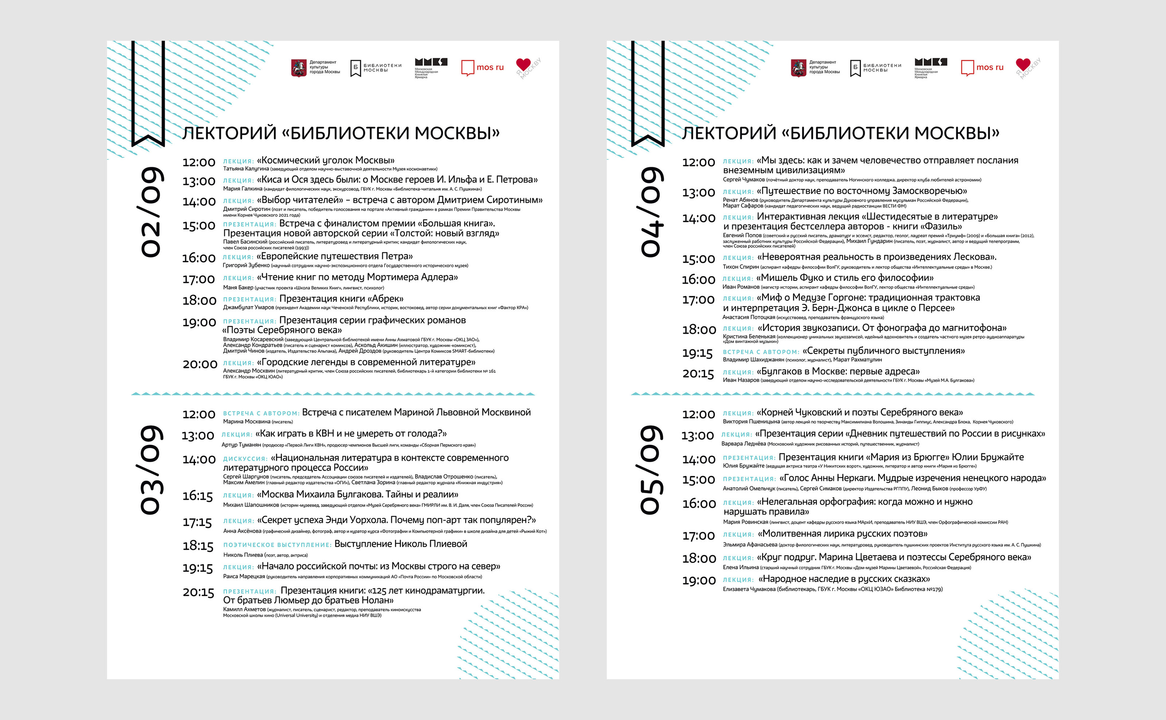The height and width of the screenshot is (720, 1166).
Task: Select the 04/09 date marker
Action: pos(652,212)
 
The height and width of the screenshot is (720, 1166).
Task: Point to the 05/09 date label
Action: pos(652,470)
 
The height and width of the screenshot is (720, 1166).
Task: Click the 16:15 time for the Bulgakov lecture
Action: pos(197,496)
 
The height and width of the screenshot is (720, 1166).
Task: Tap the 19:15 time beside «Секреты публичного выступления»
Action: pos(697,353)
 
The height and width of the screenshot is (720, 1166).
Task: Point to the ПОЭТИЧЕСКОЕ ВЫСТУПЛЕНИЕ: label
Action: pos(277,545)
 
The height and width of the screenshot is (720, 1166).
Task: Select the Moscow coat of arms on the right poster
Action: pos(798,68)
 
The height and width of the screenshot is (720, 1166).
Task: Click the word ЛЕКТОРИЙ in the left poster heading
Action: pos(229,133)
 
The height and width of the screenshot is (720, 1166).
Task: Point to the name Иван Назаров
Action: pos(741,380)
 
